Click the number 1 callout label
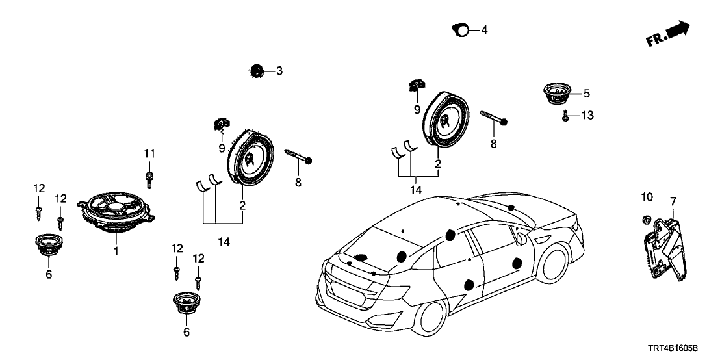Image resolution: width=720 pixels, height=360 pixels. click(x=116, y=251)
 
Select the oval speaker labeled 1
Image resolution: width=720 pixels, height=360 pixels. click(x=118, y=208)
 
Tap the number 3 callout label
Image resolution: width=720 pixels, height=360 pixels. click(x=279, y=71)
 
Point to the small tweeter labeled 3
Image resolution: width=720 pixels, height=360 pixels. click(x=256, y=71)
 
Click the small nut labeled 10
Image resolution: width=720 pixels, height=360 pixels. click(x=647, y=219)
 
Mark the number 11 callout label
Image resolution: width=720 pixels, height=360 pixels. click(x=149, y=153)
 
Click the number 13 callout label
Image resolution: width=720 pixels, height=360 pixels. click(x=587, y=116)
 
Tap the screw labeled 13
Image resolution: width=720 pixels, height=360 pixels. click(x=567, y=116)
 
